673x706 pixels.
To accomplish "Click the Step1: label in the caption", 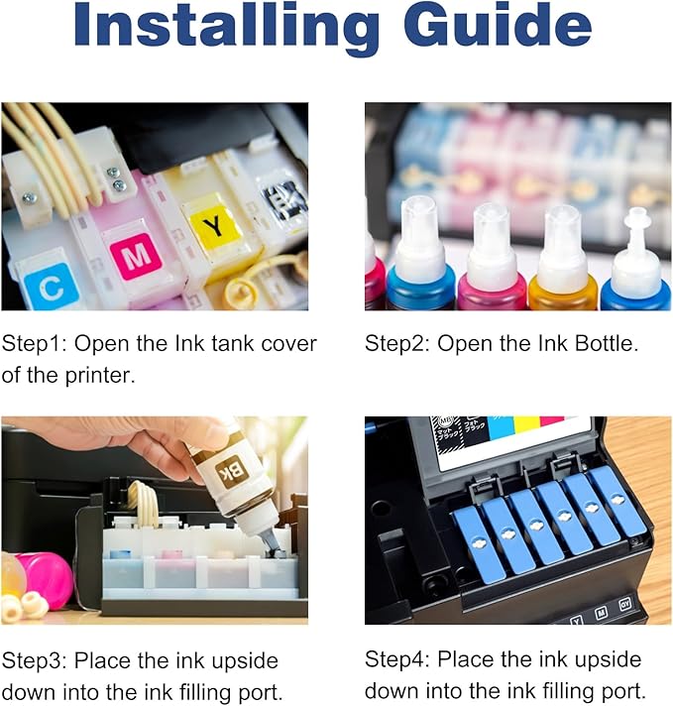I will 38,344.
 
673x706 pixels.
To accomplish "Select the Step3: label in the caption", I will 38,660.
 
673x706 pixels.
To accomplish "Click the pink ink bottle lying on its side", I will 45,580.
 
